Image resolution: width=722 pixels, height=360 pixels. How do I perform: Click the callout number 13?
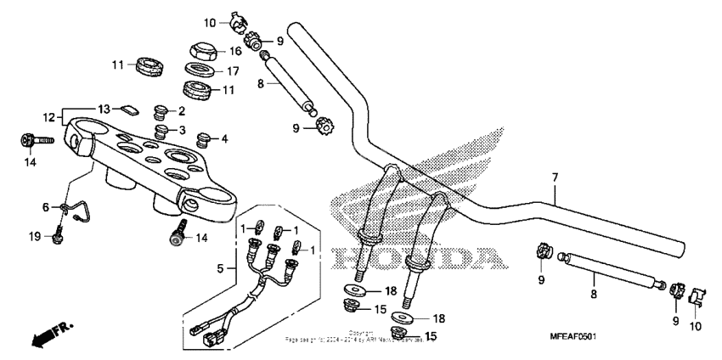pyautogui.click(x=103, y=109)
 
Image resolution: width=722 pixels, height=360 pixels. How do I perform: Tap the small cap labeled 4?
pyautogui.click(x=203, y=138)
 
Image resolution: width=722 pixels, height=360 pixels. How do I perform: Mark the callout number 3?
pyautogui.click(x=181, y=129)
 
